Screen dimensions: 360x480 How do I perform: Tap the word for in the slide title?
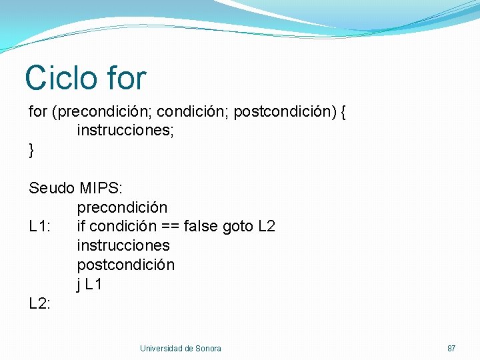coord(125,78)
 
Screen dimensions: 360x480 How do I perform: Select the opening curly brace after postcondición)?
coord(343,112)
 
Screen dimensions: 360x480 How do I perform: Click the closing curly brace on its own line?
coord(31,151)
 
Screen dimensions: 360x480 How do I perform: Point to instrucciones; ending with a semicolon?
coord(125,131)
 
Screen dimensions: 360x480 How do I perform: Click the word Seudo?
coord(51,188)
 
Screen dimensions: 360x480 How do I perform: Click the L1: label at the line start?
coord(40,226)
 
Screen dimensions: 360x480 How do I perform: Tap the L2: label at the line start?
coord(40,303)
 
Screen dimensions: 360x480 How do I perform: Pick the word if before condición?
coord(81,226)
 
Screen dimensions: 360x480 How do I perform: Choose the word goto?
coord(237,226)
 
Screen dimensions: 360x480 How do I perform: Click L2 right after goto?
coord(266,226)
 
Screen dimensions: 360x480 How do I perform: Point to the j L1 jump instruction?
coord(89,284)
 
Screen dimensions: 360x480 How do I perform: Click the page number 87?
coord(451,349)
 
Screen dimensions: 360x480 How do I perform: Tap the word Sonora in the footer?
coord(207,349)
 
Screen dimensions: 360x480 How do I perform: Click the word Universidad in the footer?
coord(161,349)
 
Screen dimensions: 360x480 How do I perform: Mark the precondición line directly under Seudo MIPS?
coord(122,207)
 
